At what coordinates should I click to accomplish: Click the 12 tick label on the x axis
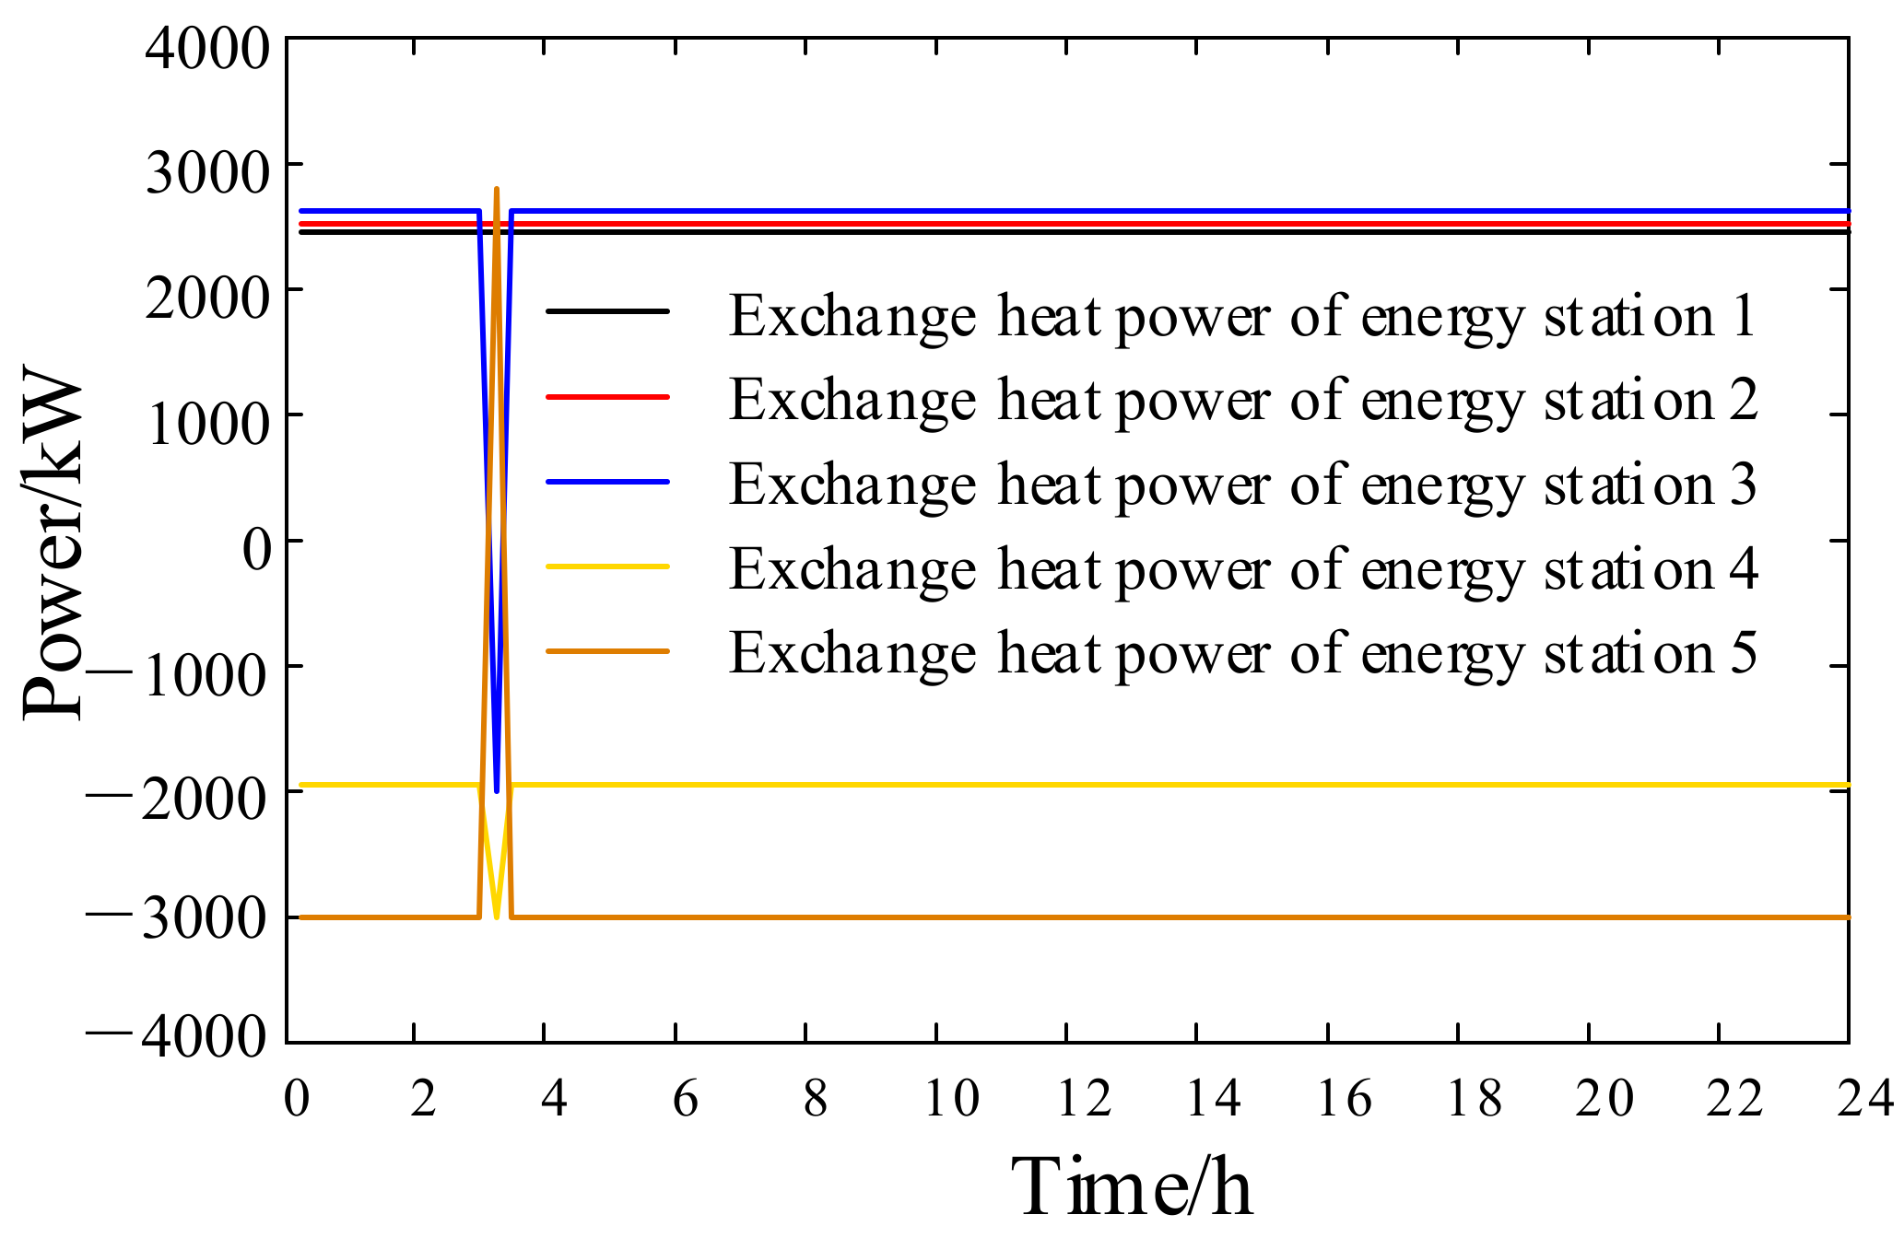pyautogui.click(x=1083, y=1099)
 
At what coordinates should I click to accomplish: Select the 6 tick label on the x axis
pyautogui.click(x=685, y=1099)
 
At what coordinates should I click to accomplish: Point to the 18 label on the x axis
pyautogui.click(x=1474, y=1099)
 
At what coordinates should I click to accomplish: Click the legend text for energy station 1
pyautogui.click(x=1242, y=317)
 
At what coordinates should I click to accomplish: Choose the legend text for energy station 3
pyautogui.click(x=1242, y=485)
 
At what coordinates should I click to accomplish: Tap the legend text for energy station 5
pyautogui.click(x=1242, y=654)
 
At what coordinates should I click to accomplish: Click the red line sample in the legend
pyautogui.click(x=607, y=396)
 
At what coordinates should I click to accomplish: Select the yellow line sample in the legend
pyautogui.click(x=607, y=566)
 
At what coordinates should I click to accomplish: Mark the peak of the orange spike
pyautogui.click(x=497, y=190)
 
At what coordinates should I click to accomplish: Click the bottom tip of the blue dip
pyautogui.click(x=497, y=790)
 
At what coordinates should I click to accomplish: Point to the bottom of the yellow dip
pyautogui.click(x=497, y=916)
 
